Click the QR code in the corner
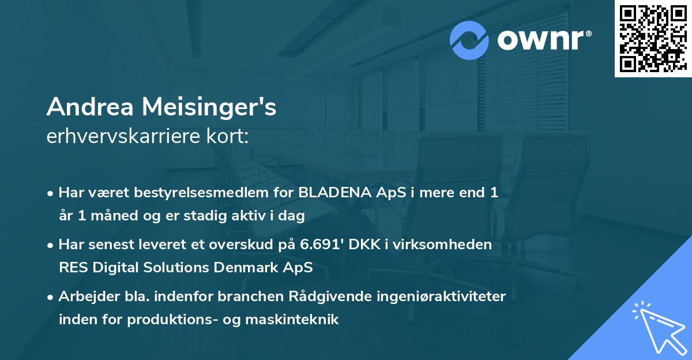click(653, 38)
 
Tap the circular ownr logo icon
click(469, 40)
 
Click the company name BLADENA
click(331, 193)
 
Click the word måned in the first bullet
click(111, 216)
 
